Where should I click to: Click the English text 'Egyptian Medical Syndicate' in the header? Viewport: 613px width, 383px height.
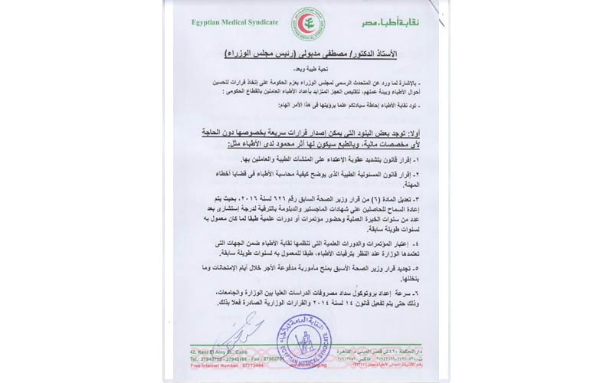point(234,22)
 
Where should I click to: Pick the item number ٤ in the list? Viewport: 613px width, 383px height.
point(418,244)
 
